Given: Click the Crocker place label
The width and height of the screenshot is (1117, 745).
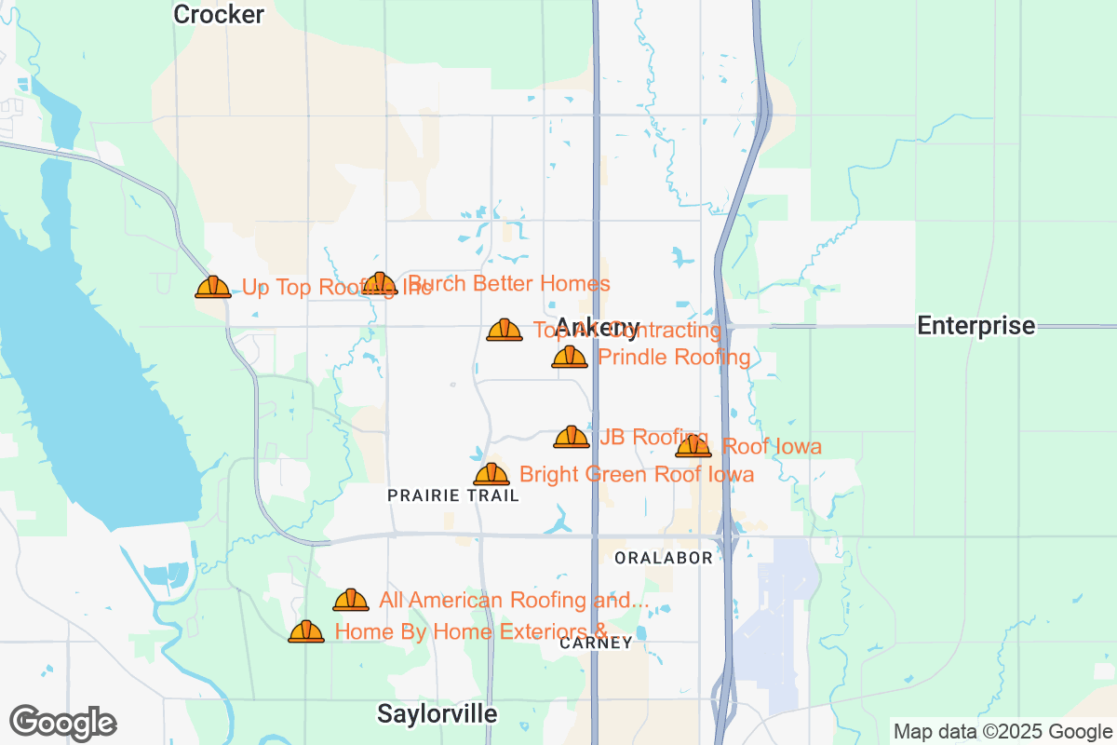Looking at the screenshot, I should [x=219, y=14].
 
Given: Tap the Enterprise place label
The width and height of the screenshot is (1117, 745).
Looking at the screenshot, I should [x=976, y=326].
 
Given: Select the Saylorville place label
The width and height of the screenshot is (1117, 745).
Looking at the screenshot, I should [x=437, y=714].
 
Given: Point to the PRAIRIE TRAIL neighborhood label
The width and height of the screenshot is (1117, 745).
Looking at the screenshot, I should [x=453, y=496].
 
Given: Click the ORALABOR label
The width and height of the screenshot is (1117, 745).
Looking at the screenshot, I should [x=664, y=558].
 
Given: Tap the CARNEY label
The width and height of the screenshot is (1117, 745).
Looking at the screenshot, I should [x=597, y=643].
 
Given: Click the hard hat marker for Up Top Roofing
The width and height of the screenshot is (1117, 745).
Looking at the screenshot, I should [x=213, y=287].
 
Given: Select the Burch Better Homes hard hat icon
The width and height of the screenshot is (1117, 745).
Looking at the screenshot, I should [x=380, y=283].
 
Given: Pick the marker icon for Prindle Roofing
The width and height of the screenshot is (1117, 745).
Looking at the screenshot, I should [x=570, y=357].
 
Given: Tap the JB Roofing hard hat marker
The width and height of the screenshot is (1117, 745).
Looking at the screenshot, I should [x=572, y=437].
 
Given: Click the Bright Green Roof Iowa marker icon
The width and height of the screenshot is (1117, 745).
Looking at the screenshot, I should [x=491, y=474].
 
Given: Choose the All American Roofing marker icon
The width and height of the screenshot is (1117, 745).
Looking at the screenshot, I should [x=351, y=600].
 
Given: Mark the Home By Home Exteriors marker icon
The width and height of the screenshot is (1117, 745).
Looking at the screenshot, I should [x=306, y=631].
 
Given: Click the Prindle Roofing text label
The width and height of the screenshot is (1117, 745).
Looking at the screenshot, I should [x=674, y=358].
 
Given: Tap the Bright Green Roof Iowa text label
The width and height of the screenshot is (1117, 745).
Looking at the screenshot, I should [x=637, y=475].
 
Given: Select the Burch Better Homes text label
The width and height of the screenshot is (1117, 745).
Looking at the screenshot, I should [x=510, y=283].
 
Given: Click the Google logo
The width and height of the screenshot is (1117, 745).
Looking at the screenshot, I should [x=63, y=723].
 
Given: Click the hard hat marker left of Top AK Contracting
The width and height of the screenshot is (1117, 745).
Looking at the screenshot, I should [x=505, y=330].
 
